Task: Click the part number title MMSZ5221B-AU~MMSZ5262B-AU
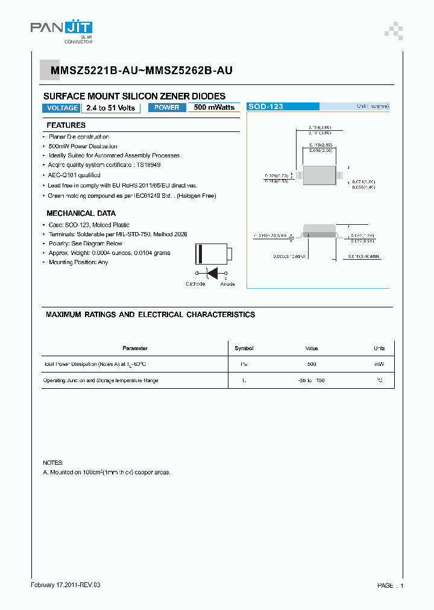pos(137,71)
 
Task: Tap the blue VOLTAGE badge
pos(61,108)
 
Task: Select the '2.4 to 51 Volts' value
pos(110,108)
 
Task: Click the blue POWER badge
pos(167,107)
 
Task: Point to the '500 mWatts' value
pos(214,107)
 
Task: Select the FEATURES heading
pos(66,125)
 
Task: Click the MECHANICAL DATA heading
pos(81,213)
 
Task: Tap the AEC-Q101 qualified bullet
pos(74,175)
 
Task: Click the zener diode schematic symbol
pos(212,272)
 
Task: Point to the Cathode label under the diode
pos(195,284)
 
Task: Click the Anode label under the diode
pos(227,284)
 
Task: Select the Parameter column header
pos(134,348)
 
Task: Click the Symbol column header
pos(244,348)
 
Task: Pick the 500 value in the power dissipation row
pos(312,364)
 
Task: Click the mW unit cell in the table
pos(379,364)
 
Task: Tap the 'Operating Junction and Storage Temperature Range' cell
pos(101,380)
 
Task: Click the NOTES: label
pos(53,462)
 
